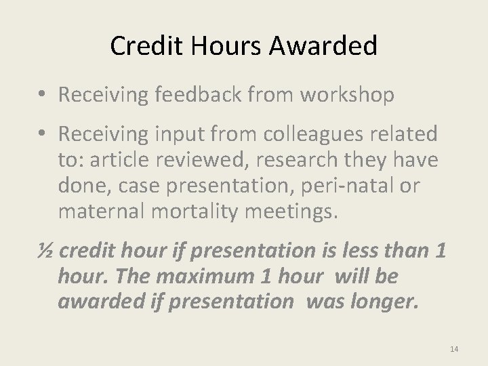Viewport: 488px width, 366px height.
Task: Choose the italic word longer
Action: tap(382, 301)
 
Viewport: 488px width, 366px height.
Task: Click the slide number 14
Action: tap(454, 349)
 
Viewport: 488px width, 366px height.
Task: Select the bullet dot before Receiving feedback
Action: tap(41, 96)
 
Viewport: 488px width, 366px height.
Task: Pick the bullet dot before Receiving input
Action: tap(41, 135)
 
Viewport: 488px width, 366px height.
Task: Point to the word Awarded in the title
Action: tap(323, 46)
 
